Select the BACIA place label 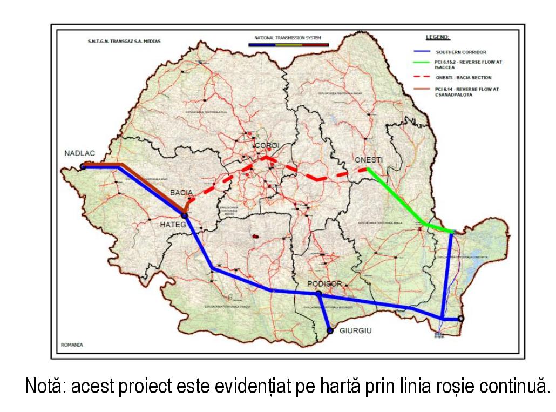[181, 192]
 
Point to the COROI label [266, 146]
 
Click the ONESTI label [369, 160]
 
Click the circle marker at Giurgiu [329, 330]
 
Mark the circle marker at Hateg [185, 216]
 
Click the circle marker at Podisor [318, 294]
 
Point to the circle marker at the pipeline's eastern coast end [460, 319]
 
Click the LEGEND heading [437, 38]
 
